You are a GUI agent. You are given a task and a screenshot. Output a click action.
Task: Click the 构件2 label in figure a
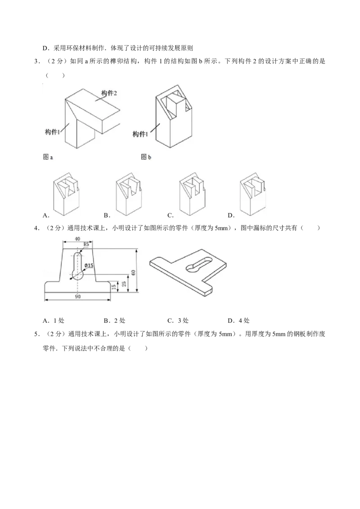tap(109, 94)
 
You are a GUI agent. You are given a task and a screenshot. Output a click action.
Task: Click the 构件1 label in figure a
tap(53, 132)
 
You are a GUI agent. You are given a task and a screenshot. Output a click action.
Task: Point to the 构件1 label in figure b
tap(140, 134)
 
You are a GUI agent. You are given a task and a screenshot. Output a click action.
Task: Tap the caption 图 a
tap(48, 157)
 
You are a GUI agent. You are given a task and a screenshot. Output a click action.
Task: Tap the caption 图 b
tap(146, 157)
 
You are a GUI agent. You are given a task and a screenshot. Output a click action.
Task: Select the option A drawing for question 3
tap(67, 194)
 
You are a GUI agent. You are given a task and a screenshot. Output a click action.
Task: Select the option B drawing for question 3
tap(129, 194)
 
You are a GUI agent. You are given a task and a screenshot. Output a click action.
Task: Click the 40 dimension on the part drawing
tap(77, 239)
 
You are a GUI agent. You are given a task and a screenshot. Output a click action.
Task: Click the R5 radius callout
tap(86, 244)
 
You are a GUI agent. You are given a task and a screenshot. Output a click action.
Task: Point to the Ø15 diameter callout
tap(89, 266)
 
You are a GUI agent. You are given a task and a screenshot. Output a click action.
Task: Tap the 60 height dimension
tap(133, 272)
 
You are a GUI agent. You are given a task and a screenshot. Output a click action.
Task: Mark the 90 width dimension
tap(78, 296)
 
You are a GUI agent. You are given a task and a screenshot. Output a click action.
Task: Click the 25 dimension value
tap(124, 284)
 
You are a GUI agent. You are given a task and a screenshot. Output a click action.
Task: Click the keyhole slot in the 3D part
tap(198, 263)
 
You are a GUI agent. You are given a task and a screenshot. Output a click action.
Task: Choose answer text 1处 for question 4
tap(59, 321)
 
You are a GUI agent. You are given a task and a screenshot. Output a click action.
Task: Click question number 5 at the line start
tap(36, 334)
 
